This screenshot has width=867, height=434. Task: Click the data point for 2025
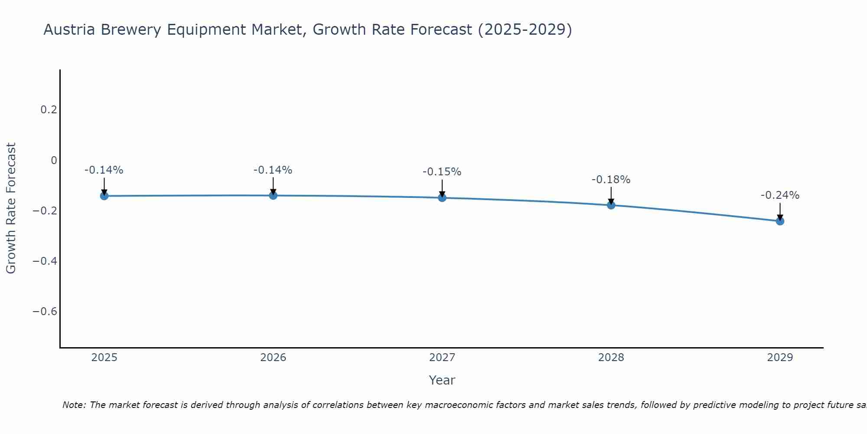pyautogui.click(x=104, y=196)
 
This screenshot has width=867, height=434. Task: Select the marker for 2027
pyautogui.click(x=442, y=198)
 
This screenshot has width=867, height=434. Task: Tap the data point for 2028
pyautogui.click(x=611, y=205)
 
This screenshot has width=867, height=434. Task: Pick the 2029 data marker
pyautogui.click(x=780, y=221)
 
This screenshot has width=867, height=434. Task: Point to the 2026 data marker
pyautogui.click(x=273, y=195)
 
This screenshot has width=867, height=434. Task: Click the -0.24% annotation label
pyautogui.click(x=780, y=195)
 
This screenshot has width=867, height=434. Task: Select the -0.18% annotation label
pyautogui.click(x=611, y=180)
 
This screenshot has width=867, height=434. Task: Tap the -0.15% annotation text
pyautogui.click(x=442, y=172)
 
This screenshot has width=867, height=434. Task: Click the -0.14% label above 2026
pyautogui.click(x=273, y=170)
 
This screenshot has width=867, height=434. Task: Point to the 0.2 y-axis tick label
pyautogui.click(x=49, y=110)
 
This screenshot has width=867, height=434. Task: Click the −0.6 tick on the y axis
pyautogui.click(x=45, y=312)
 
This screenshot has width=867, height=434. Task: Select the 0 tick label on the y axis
pyautogui.click(x=54, y=161)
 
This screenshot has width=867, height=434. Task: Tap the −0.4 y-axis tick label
pyautogui.click(x=45, y=261)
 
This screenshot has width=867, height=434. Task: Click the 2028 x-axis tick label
pyautogui.click(x=611, y=358)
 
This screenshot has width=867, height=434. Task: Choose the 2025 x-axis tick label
pyautogui.click(x=104, y=358)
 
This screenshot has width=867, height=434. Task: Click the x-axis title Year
pyautogui.click(x=442, y=380)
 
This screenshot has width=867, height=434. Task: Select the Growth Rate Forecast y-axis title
pyautogui.click(x=11, y=208)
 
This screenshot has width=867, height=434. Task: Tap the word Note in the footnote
pyautogui.click(x=74, y=405)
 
